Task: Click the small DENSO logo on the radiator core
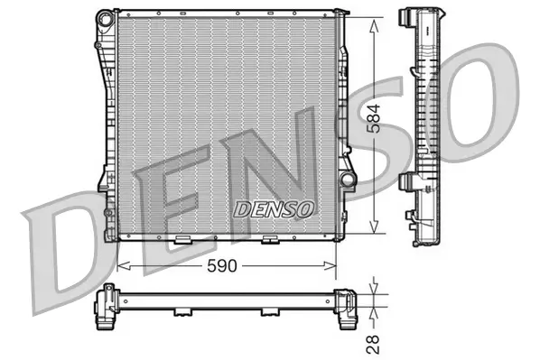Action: point(274,208)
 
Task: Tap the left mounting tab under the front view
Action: point(181,240)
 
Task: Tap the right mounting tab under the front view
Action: point(268,240)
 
